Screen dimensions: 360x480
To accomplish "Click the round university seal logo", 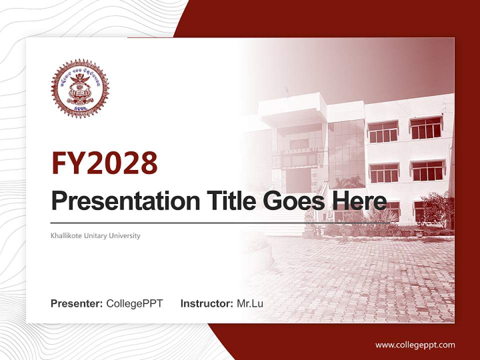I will coord(79,88).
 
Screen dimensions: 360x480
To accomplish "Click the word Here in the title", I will coord(358,201).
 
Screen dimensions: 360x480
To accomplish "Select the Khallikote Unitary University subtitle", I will coord(95,235).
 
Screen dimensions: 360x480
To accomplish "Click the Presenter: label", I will coord(77,303).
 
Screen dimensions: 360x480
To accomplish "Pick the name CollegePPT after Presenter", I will coord(134,303).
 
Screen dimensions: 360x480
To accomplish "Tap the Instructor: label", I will coord(206,303).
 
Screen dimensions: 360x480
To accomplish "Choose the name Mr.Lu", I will coord(250,303).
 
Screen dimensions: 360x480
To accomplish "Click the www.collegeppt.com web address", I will coord(415,344).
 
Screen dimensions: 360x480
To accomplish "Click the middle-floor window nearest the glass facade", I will coord(383,173).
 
